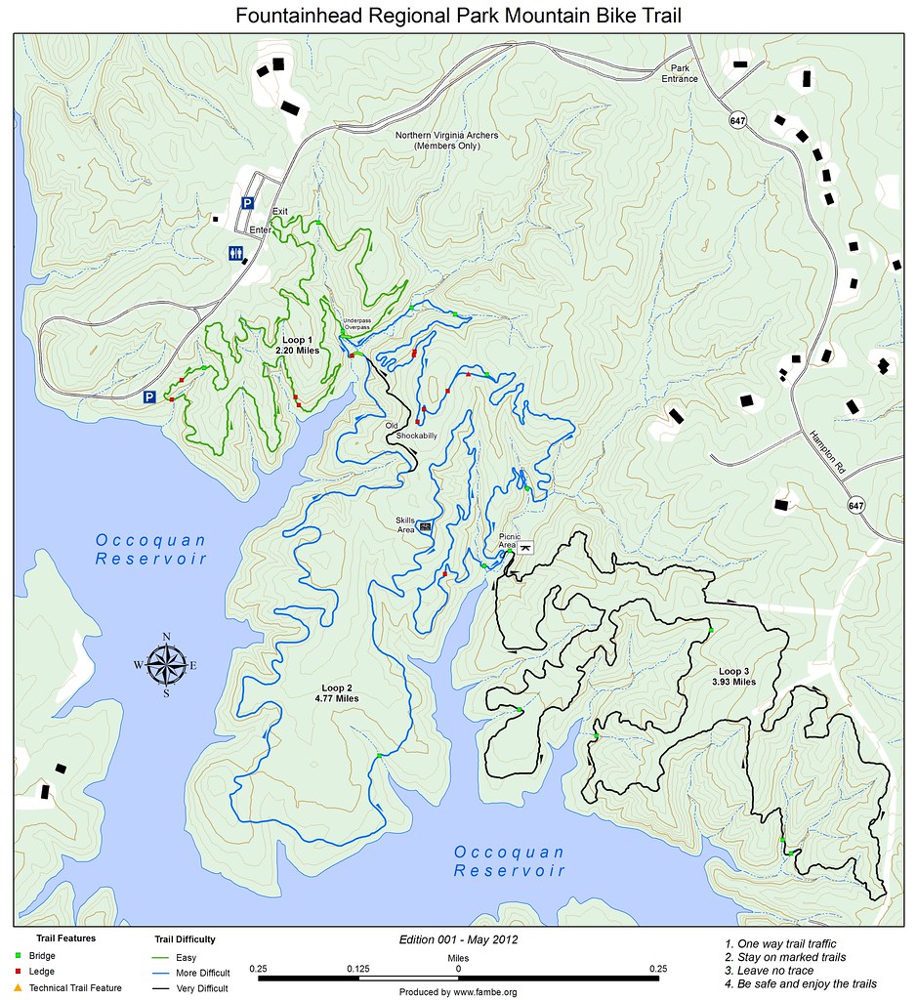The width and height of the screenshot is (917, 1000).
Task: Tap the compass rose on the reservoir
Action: [167, 665]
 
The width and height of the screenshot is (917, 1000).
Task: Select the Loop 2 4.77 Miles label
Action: [337, 693]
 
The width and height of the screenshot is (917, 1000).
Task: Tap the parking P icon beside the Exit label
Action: [248, 203]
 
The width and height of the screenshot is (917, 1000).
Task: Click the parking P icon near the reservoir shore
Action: [150, 396]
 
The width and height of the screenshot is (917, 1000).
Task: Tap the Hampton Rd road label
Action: [826, 454]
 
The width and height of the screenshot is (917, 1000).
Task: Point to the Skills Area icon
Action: [426, 526]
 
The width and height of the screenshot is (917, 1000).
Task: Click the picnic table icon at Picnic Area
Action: [525, 548]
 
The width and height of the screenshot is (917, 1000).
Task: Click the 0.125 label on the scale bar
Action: [357, 968]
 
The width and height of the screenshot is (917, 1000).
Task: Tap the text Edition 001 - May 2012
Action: [457, 939]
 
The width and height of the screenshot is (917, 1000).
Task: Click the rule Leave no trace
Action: [775, 971]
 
